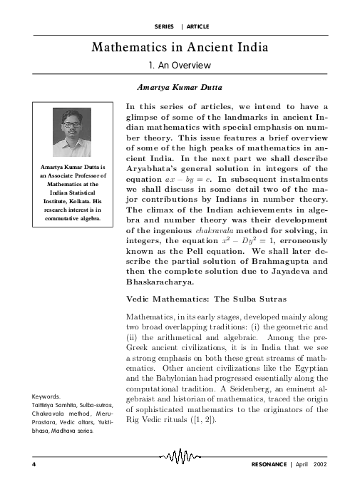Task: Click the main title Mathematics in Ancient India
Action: (x=180, y=48)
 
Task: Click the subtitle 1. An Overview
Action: (x=180, y=66)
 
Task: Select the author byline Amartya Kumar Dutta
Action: (x=180, y=88)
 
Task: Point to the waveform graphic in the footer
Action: (x=180, y=457)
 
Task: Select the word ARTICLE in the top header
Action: (x=197, y=26)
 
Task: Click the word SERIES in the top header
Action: (x=164, y=26)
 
